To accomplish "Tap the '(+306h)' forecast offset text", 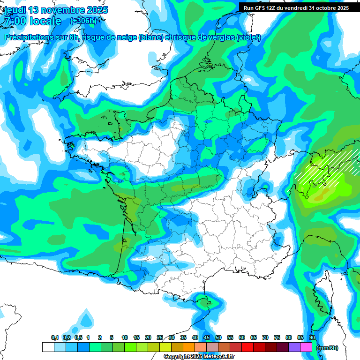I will (83, 21).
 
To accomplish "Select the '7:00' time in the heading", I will (15, 21).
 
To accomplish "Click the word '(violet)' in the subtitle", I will (248, 37).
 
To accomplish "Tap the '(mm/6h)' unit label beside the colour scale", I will (327, 348).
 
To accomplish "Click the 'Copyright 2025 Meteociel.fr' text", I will (199, 357).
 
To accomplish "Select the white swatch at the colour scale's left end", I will (48, 347).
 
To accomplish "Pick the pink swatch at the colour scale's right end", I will (307, 347).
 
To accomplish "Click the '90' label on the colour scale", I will (312, 337).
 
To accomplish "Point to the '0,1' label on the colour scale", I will (54, 337).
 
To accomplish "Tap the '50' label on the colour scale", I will (218, 337).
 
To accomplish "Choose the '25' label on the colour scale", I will (160, 337).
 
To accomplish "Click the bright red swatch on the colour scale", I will (247, 347).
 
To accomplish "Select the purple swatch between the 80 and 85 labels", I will (294, 347).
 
